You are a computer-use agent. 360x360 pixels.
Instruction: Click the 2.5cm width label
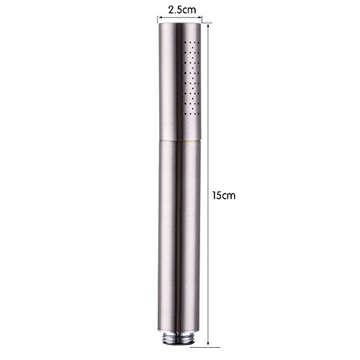182,10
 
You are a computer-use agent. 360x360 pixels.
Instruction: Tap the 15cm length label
224,195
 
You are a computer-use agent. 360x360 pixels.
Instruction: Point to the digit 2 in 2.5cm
171,10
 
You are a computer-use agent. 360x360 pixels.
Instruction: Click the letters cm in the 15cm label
229,197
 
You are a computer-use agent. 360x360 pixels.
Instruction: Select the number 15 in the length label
217,195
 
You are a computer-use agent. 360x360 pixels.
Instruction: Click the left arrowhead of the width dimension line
159,17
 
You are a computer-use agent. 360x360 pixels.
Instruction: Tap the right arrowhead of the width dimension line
199,17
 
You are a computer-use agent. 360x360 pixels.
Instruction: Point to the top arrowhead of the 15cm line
208,25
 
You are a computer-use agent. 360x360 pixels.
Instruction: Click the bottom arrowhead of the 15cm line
208,343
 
